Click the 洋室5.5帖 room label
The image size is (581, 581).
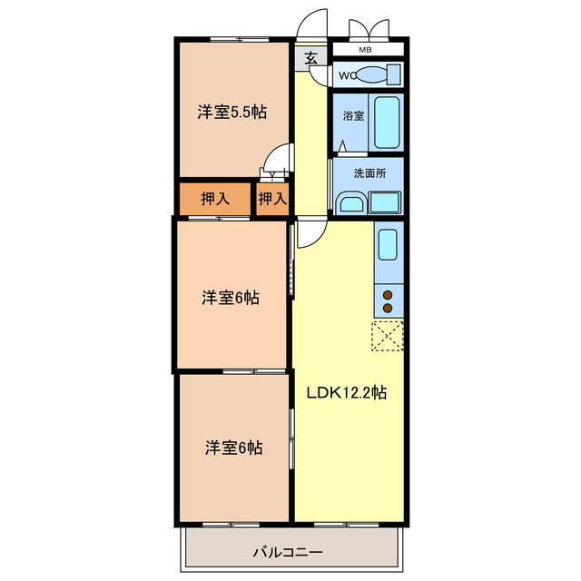[x=232, y=113]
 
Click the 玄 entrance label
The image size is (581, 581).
[x=310, y=58]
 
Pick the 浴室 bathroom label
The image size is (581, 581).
[x=352, y=117]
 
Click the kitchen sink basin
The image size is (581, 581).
[x=388, y=244]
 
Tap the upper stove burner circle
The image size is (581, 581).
[x=388, y=295]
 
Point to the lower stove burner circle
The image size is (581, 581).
[x=388, y=309]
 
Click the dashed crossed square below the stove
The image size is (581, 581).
[x=388, y=335]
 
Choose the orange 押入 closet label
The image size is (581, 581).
[x=213, y=198]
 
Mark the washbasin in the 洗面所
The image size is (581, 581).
[x=350, y=202]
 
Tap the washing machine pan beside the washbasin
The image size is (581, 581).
[x=385, y=202]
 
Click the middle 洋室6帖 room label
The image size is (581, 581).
[x=231, y=297]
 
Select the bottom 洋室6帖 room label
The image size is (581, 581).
[x=233, y=448]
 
